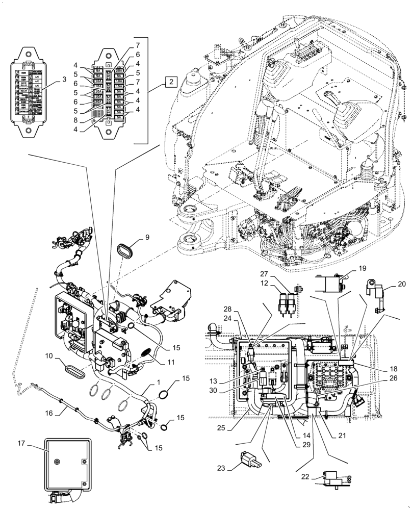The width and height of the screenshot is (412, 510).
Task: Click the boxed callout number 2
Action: click(171, 82)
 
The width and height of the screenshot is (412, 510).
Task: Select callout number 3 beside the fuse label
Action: click(64, 80)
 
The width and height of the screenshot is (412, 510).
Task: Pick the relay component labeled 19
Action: click(330, 282)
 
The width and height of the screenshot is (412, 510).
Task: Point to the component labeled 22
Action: click(334, 480)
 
